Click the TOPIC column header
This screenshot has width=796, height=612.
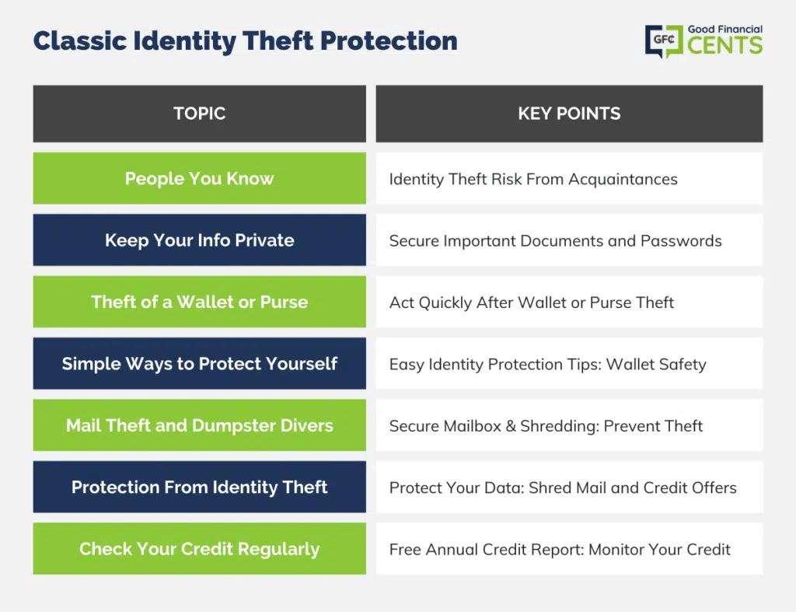(200, 114)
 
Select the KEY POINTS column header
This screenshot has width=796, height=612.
(569, 114)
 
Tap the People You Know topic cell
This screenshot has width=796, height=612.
(200, 178)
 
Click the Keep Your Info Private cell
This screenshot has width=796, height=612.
(200, 240)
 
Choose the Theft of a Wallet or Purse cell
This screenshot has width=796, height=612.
(200, 302)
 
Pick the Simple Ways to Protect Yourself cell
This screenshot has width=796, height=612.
(200, 363)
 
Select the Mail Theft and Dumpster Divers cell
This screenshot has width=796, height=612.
(200, 425)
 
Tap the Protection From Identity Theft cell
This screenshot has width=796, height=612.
(200, 487)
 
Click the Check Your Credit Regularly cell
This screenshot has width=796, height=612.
(200, 548)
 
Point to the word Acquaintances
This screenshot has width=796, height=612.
(623, 180)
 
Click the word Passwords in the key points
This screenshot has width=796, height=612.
(681, 241)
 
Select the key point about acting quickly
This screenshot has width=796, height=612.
(532, 303)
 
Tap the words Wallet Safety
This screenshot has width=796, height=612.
(656, 365)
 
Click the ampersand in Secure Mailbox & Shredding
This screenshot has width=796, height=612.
(511, 426)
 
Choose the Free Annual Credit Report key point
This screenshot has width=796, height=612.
(560, 550)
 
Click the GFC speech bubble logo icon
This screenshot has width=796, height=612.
(665, 41)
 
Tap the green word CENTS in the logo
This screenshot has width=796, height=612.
(725, 45)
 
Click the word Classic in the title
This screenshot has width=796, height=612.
(80, 40)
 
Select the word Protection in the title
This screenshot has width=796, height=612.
(389, 40)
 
